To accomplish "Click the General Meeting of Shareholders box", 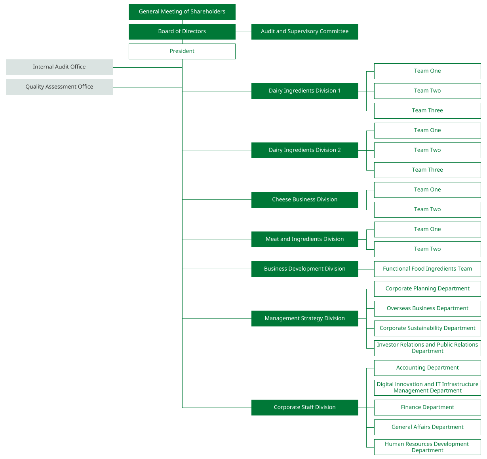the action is point(182,12).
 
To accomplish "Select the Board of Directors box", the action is point(182,32).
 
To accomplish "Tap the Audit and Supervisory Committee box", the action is point(304,32).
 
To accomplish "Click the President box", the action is point(182,51).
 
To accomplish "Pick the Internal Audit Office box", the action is point(59,67).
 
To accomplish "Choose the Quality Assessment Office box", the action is point(59,87).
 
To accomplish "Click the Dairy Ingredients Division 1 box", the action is point(304,91).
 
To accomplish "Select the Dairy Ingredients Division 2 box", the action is point(304,150).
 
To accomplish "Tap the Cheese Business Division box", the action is point(304,200).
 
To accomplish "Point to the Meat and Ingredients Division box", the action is point(304,239).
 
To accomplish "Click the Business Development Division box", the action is point(304,269).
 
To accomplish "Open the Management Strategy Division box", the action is point(304,319).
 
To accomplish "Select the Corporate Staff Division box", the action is point(304,407).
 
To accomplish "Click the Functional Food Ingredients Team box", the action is point(428,269).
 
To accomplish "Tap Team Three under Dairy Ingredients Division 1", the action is point(428,111).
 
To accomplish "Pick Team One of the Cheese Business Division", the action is point(428,190).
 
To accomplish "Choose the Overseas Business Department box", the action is point(428,309).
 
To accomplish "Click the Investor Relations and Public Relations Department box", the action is point(428,348).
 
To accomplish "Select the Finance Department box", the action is point(428,407).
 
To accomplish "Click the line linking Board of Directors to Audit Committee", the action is point(243,32).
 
